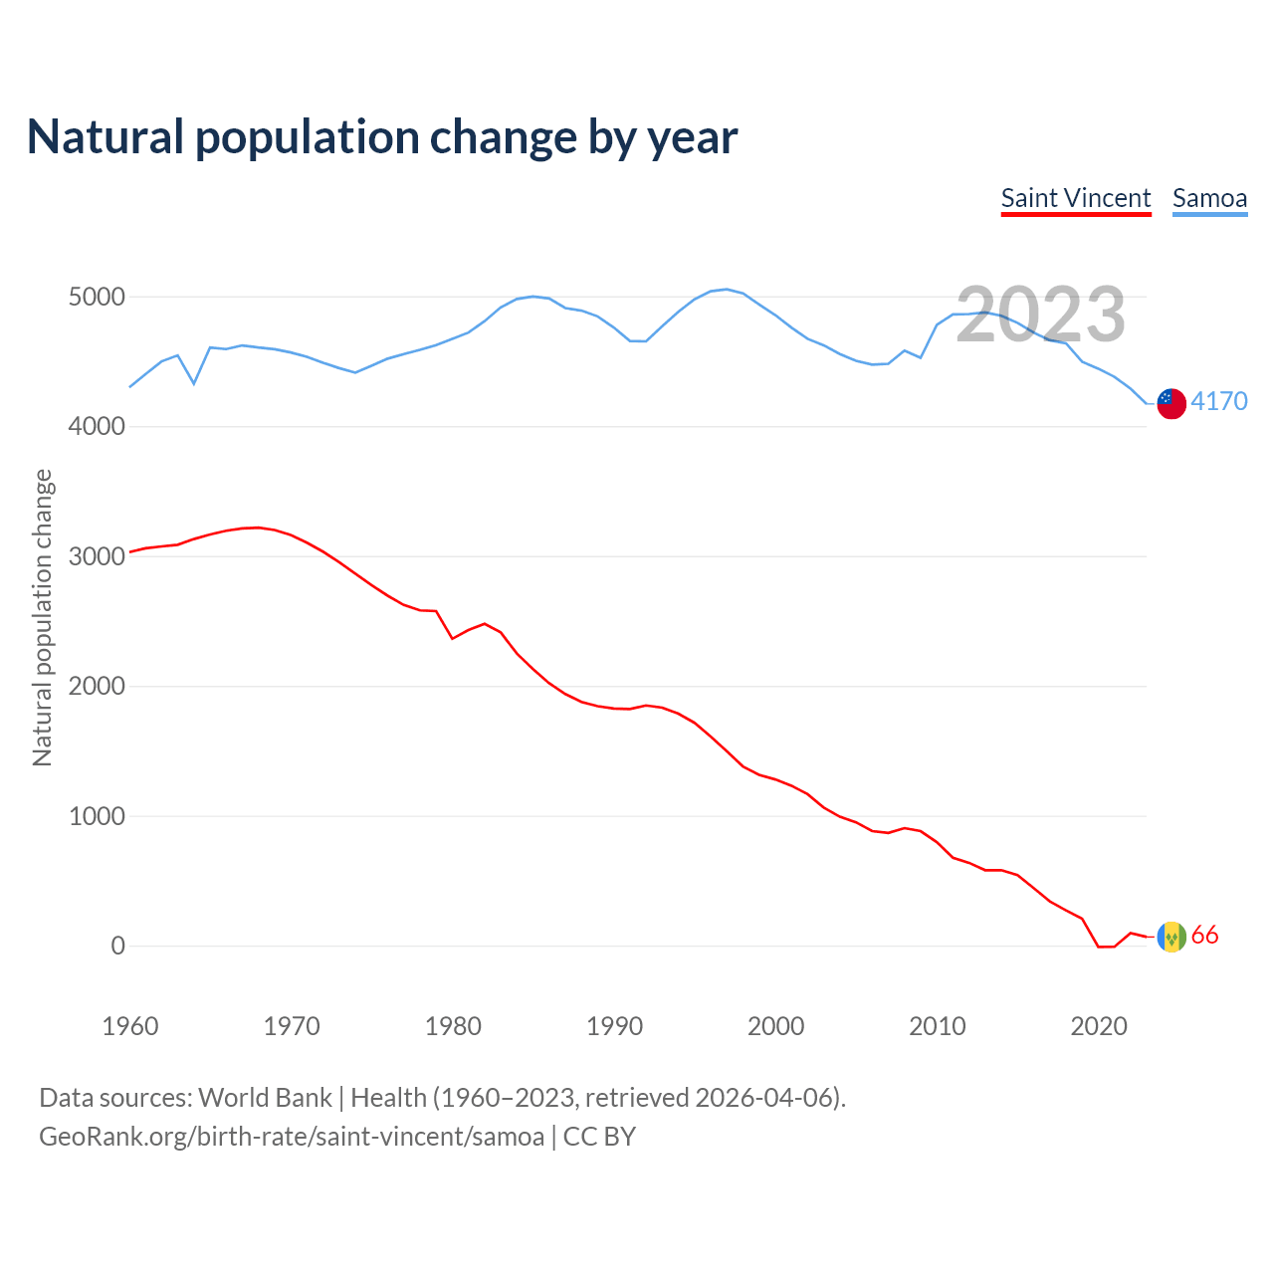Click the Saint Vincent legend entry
1075,198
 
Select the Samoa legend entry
1209,198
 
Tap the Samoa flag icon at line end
1171,403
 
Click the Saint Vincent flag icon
1171,937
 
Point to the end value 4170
1219,401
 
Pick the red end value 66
1204,936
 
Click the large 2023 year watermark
1040,315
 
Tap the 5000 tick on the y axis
97,298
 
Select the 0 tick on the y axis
118,946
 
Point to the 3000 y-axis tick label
97,556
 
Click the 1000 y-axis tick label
97,816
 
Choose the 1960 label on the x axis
130,1026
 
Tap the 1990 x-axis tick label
614,1026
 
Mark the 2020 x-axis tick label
1098,1026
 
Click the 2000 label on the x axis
775,1026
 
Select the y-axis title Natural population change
43,617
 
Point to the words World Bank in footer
265,1098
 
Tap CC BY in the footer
599,1137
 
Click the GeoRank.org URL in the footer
292,1137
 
